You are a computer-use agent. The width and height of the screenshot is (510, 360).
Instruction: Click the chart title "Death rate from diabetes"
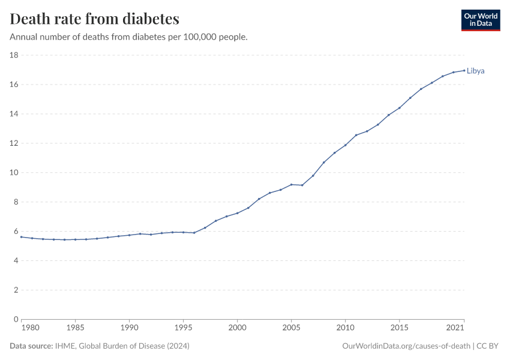(95, 19)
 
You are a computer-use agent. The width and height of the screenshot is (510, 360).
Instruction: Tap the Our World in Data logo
(480, 20)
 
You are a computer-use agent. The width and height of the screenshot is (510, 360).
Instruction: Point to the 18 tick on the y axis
(14, 55)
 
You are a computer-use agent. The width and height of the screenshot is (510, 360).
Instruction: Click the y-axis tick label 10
(14, 173)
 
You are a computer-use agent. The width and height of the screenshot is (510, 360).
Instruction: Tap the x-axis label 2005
(291, 328)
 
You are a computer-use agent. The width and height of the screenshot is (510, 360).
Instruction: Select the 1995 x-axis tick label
(183, 328)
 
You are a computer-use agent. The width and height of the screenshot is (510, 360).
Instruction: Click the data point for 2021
(464, 70)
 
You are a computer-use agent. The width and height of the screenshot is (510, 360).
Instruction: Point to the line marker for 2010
(345, 145)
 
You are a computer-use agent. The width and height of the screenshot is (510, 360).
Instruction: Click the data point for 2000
(237, 213)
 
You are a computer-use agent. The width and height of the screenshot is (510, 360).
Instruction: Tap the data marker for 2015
(399, 108)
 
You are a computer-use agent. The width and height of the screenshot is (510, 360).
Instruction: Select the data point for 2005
(291, 184)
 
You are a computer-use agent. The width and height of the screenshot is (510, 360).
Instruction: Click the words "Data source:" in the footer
(32, 346)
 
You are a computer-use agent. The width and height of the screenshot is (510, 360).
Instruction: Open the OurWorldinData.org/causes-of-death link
(406, 346)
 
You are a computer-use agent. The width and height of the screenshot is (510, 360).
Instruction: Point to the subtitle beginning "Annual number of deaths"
(129, 37)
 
